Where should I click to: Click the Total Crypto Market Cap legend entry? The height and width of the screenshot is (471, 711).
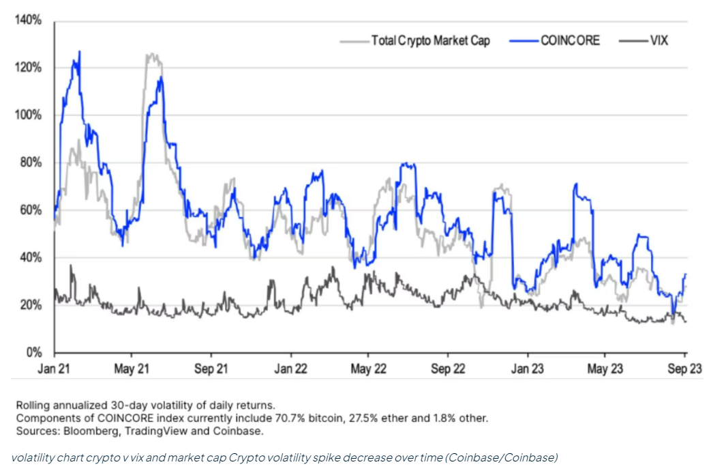point(430,41)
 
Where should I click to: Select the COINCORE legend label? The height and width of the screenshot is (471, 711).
point(570,41)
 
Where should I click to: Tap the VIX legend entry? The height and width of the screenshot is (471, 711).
point(659,41)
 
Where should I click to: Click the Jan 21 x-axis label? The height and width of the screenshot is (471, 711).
point(55,369)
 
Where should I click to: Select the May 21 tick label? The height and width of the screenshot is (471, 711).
point(132,369)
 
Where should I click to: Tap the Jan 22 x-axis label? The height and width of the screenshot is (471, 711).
point(290,369)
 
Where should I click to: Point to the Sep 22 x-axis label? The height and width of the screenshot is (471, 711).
point(447,369)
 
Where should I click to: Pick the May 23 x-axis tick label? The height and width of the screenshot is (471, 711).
point(605,369)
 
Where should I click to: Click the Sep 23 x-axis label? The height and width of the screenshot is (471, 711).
point(684,369)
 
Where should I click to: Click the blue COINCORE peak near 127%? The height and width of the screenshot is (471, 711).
point(80,52)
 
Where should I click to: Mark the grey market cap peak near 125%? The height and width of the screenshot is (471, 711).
point(151,55)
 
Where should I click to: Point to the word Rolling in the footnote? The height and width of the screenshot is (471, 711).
point(31,405)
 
